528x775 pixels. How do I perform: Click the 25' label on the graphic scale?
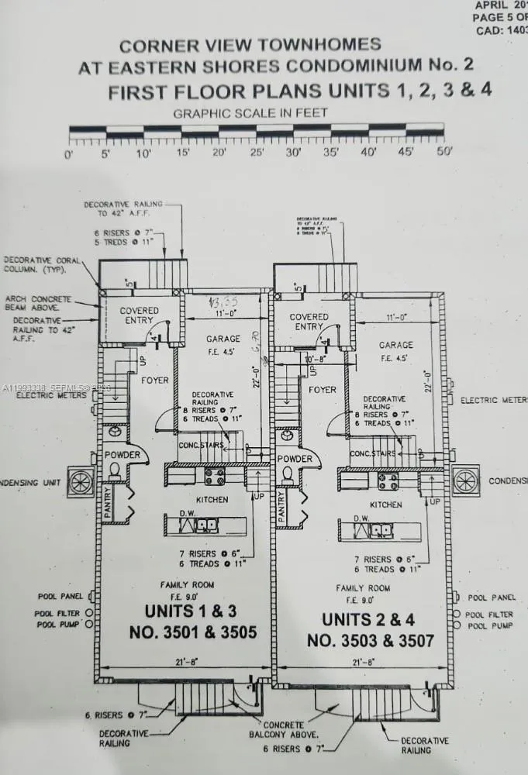[x=257, y=153]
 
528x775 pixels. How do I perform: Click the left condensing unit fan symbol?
[x=80, y=481]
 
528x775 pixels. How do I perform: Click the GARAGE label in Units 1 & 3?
[x=223, y=339]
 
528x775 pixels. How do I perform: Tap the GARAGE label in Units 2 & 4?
[x=395, y=344]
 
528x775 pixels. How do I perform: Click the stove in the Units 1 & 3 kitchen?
[x=215, y=476]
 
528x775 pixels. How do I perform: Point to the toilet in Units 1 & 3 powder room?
[x=114, y=471]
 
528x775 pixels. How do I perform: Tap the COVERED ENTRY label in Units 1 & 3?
[x=139, y=316]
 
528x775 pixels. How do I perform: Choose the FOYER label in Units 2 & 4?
[x=323, y=390]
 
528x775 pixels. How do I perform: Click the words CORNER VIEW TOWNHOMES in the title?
[x=250, y=45]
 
